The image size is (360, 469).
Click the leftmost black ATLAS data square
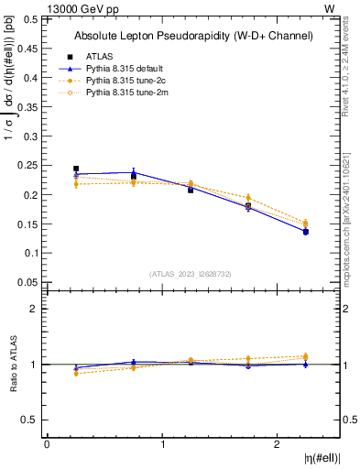coord(76,169)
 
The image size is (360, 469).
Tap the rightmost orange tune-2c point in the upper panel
coord(305,223)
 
